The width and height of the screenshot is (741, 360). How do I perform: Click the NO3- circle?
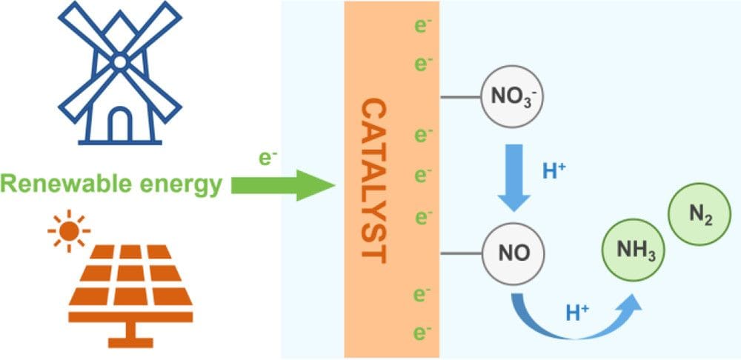512,97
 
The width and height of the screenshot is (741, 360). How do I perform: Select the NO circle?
514,253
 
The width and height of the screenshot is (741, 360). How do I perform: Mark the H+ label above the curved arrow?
577,313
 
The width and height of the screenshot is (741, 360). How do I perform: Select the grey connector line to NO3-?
459,97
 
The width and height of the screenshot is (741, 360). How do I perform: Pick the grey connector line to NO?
459,253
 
